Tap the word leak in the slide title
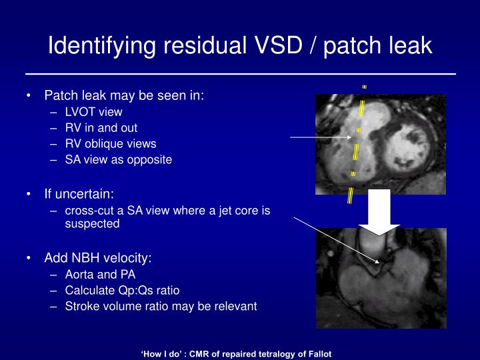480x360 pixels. pos(407,45)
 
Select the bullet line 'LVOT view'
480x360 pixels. pos(93,112)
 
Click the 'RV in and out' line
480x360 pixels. pos(101,127)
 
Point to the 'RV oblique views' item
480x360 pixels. pos(111,143)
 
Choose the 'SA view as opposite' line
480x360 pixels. pos(118,159)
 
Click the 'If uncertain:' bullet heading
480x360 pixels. pos(79,194)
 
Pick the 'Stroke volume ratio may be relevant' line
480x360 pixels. pos(161,307)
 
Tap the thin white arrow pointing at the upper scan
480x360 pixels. pos(320,137)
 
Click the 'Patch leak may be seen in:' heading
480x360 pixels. pos(124,95)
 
